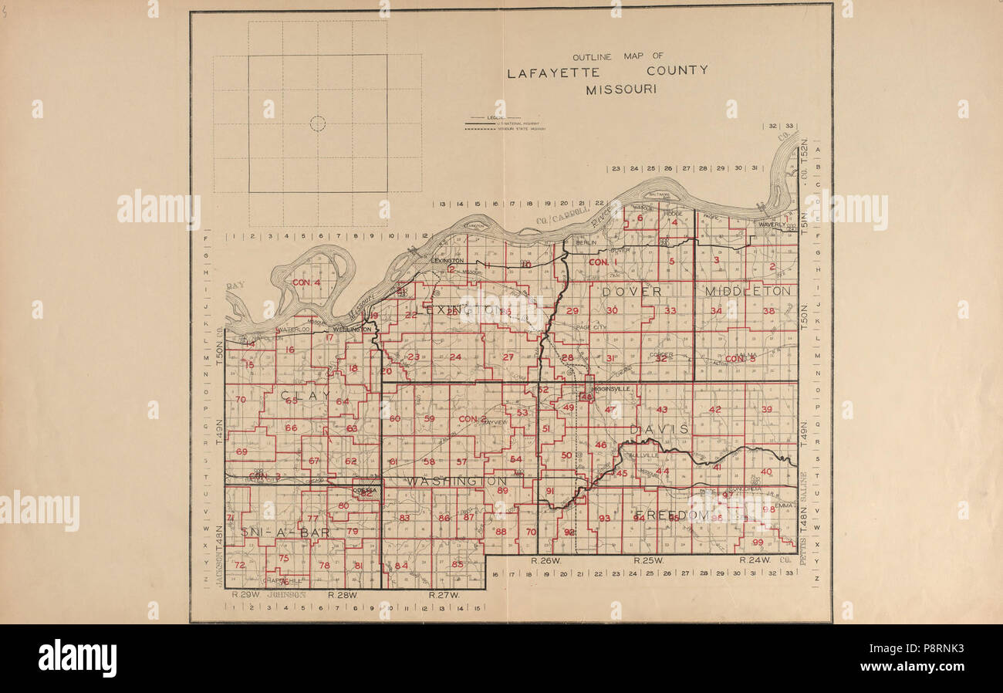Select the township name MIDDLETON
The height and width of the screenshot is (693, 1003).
click(748, 291)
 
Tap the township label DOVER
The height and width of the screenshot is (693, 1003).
click(632, 292)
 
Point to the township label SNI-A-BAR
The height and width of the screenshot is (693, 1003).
click(275, 533)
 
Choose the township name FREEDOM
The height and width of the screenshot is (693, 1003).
click(671, 514)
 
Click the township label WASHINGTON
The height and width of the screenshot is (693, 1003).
click(457, 481)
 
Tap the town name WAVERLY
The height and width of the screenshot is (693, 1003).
click(771, 225)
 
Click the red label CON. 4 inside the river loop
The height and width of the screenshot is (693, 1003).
click(306, 282)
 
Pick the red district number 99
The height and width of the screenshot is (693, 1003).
click(757, 543)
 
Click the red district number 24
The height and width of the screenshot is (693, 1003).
click(455, 357)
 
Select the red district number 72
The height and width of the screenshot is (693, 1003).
click(239, 565)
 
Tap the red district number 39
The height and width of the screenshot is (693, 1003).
click(766, 409)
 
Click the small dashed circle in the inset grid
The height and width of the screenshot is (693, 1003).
click(318, 123)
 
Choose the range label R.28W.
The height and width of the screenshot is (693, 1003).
click(340, 595)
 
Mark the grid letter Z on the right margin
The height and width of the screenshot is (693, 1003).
click(817, 577)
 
